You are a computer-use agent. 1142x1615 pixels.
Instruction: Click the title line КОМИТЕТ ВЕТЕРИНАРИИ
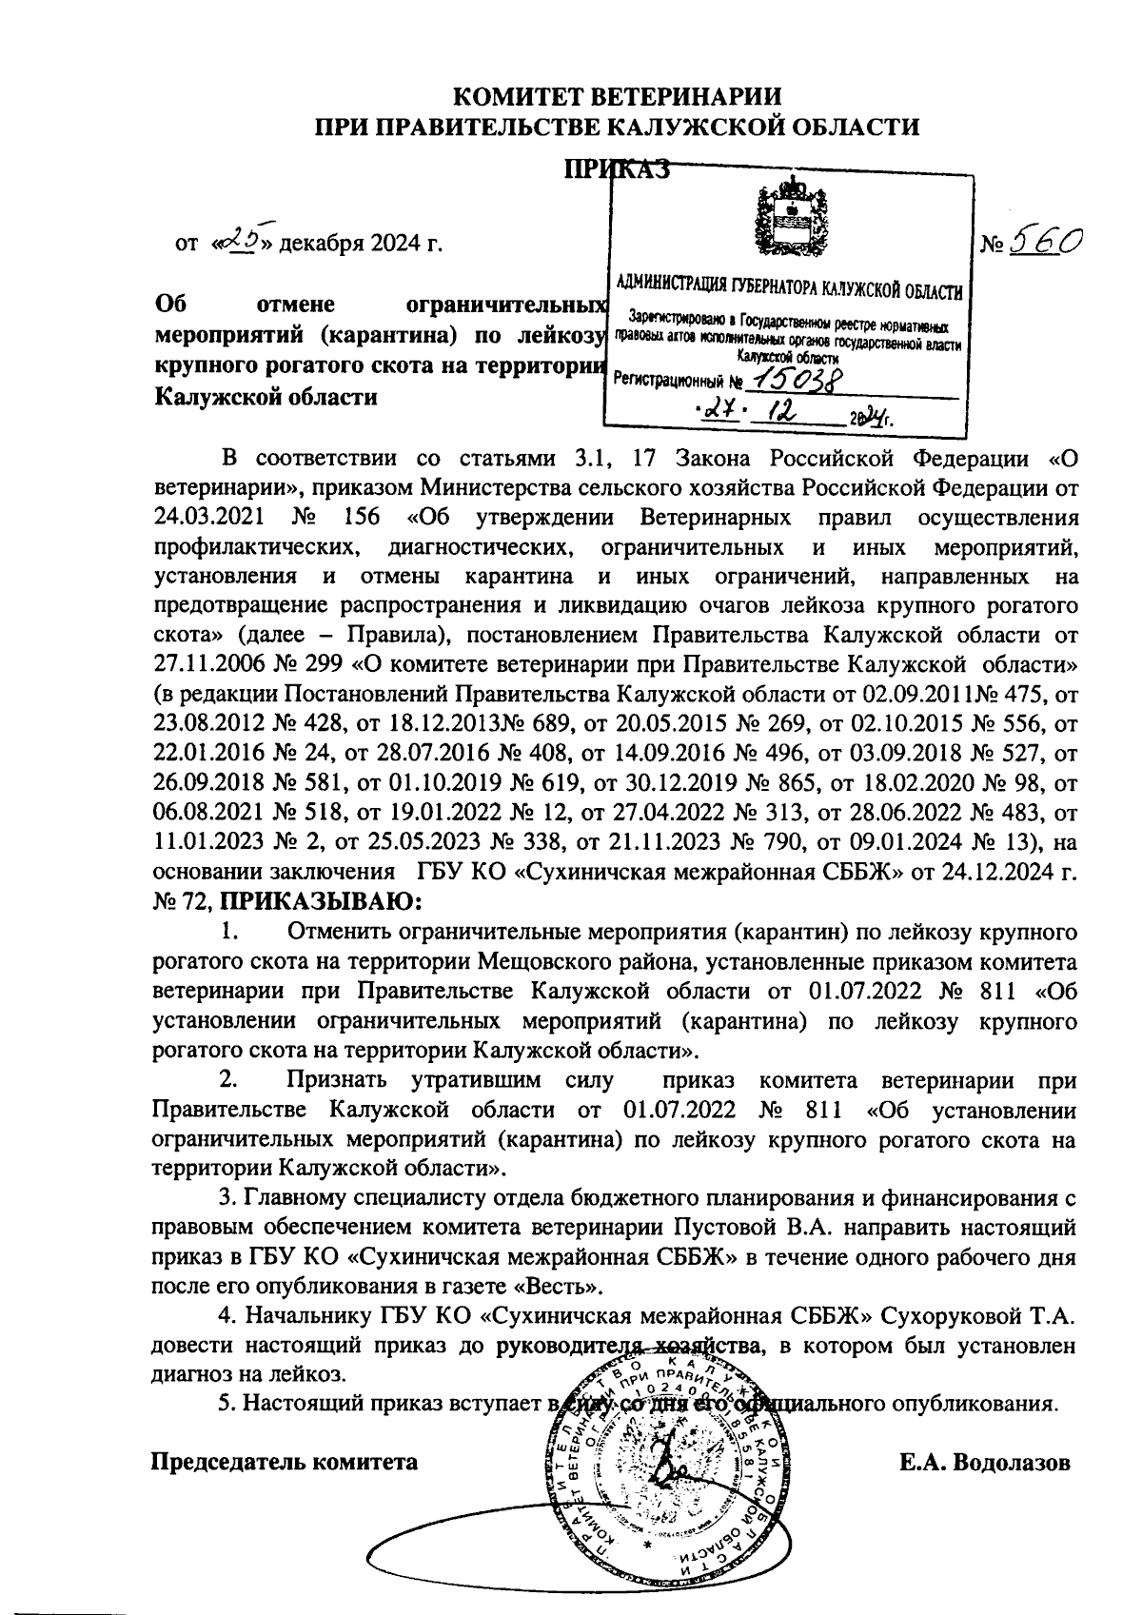[x=618, y=96]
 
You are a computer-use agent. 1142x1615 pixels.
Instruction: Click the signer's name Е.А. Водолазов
[x=986, y=1462]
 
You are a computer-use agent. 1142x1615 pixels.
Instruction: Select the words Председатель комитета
[x=285, y=1462]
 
